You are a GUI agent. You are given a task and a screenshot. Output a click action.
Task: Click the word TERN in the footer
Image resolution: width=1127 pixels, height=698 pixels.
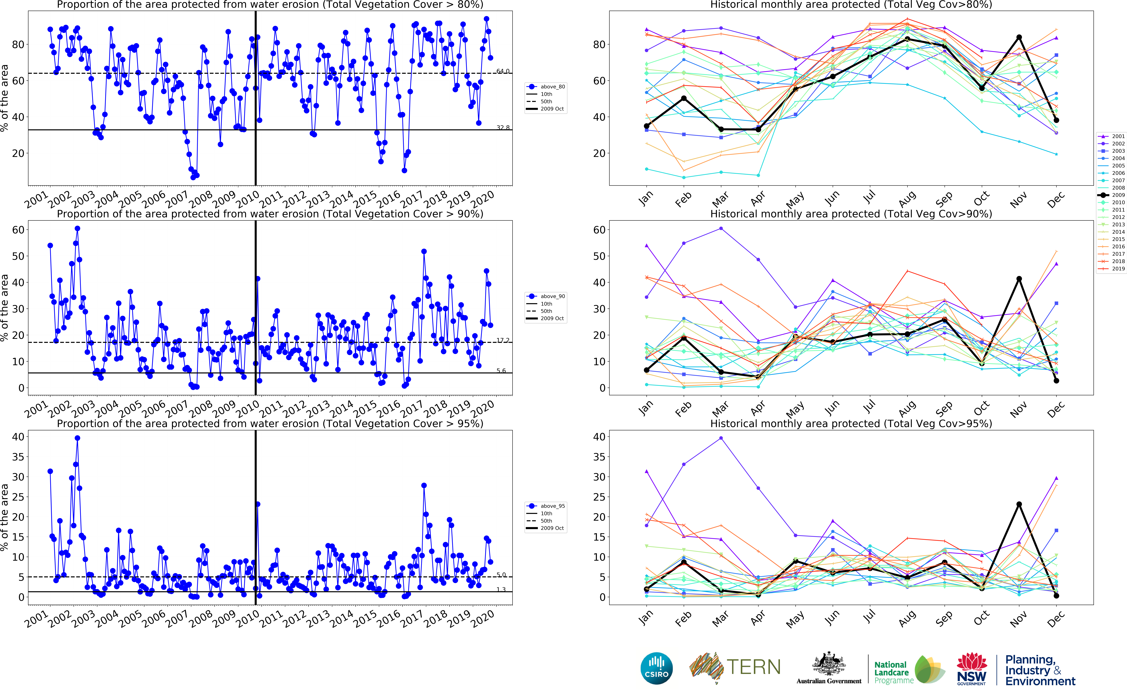pos(753,667)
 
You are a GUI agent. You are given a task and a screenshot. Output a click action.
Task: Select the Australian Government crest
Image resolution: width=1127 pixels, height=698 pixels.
pos(829,665)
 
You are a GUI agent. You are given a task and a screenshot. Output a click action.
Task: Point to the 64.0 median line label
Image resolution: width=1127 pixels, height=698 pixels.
pos(503,71)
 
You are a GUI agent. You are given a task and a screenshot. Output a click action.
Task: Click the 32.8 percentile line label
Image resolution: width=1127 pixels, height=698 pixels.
pos(503,127)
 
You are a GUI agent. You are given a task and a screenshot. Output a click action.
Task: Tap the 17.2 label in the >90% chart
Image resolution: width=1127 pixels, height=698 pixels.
pos(503,340)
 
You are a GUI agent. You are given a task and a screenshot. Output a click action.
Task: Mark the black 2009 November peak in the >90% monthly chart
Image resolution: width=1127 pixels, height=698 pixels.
pos(1019,279)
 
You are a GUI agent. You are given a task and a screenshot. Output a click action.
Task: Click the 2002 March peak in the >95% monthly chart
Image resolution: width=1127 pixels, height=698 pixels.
pos(721,438)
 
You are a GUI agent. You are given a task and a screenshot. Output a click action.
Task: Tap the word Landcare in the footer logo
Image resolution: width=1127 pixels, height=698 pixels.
pos(891,673)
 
